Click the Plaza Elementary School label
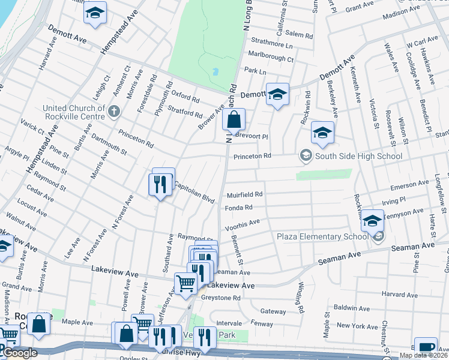click(x=322, y=236)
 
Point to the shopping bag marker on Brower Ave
click(x=234, y=119)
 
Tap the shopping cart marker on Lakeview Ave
click(x=185, y=283)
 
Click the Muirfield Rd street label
click(x=245, y=195)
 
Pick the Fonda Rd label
click(x=239, y=208)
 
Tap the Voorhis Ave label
click(x=242, y=225)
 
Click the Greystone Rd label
click(x=222, y=298)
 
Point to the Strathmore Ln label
click(x=273, y=46)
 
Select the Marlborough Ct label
click(x=271, y=59)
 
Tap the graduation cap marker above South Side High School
click(x=322, y=133)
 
